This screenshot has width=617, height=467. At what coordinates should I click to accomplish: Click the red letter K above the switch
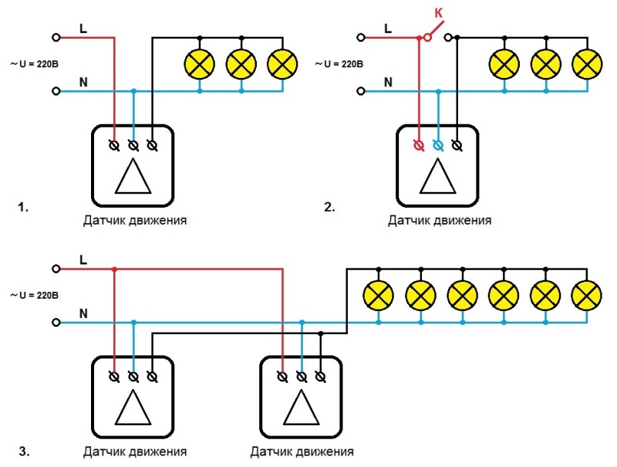439,14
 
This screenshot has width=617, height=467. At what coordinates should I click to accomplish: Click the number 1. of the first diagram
23,207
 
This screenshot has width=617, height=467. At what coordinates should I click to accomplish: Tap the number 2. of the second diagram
329,207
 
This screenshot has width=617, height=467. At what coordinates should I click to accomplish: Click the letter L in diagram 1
83,28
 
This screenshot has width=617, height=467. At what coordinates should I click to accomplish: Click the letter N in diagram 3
83,313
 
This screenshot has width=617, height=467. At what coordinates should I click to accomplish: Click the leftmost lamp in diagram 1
200,64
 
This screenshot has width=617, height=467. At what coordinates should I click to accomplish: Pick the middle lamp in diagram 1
241,64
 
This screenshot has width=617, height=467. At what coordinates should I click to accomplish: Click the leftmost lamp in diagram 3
378,296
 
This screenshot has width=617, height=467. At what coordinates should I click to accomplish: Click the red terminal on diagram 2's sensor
419,144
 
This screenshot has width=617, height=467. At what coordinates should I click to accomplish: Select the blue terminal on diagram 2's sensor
438,144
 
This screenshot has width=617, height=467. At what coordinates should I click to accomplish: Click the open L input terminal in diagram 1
56,37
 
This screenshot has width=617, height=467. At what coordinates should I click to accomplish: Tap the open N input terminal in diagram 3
56,322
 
